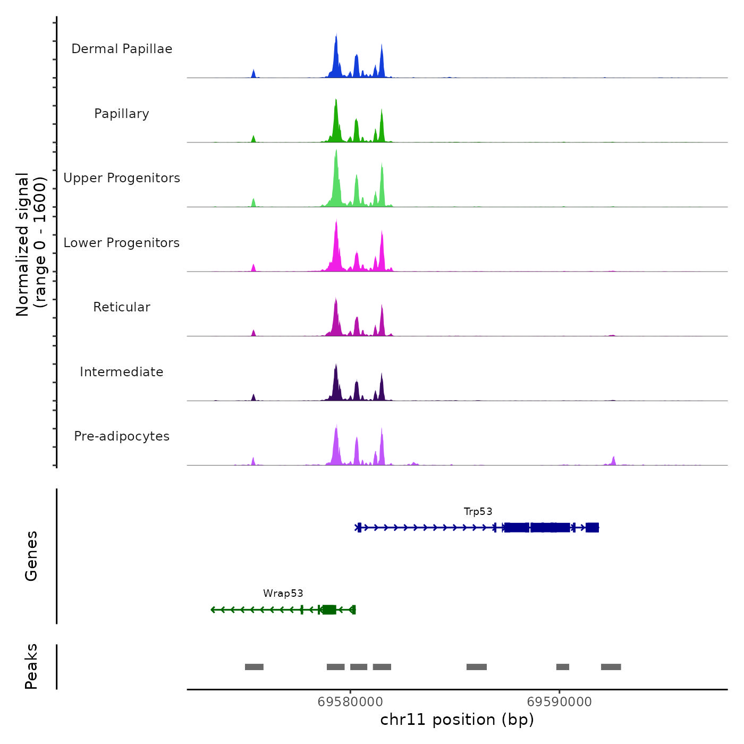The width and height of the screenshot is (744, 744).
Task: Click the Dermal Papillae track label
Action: (122, 49)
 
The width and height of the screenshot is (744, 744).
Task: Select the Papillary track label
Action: (122, 114)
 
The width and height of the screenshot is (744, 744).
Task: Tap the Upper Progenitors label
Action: (122, 178)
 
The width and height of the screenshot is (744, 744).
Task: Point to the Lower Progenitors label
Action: (122, 243)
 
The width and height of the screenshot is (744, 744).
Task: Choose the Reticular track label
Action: (122, 307)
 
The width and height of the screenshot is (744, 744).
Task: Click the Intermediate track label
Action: (122, 372)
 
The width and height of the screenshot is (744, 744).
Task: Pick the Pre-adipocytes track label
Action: (122, 436)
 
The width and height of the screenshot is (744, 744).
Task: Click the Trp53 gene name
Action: (478, 512)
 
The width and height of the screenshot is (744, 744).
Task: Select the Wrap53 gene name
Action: (283, 594)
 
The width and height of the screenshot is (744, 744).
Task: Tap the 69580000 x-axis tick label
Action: (350, 702)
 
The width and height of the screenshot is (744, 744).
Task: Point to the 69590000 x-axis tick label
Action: (559, 702)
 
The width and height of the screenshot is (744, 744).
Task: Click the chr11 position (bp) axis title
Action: (457, 720)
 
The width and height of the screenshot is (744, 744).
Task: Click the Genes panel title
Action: (31, 556)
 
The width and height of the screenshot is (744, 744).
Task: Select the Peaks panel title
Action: (31, 666)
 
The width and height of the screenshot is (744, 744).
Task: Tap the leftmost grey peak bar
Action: (254, 667)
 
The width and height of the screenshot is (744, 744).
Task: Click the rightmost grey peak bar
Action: (611, 667)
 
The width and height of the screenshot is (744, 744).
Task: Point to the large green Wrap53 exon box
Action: (329, 610)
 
